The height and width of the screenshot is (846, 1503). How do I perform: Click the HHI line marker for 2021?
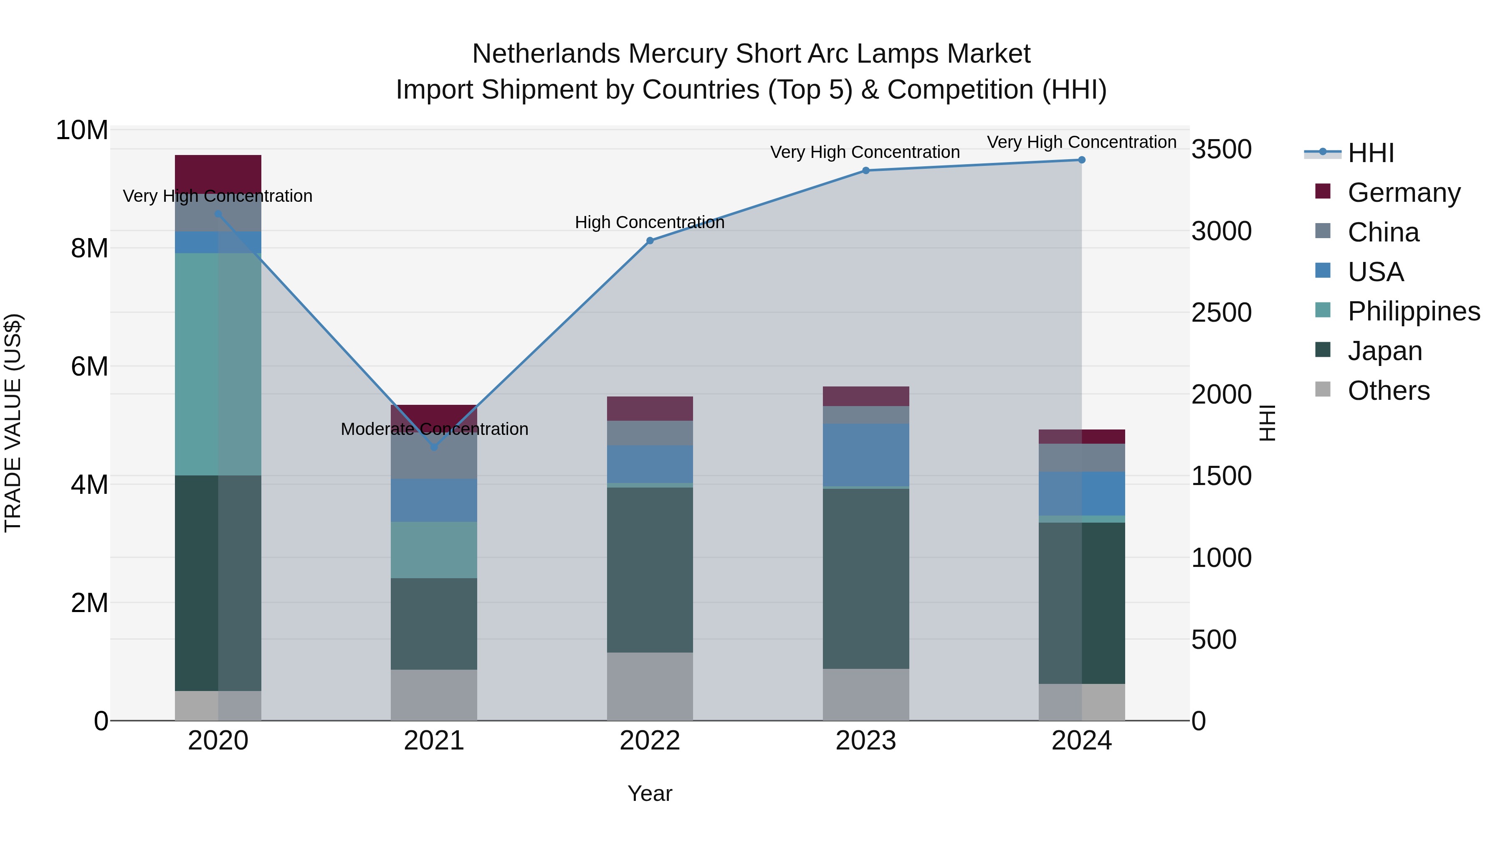pyautogui.click(x=434, y=447)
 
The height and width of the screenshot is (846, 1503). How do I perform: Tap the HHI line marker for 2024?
pyautogui.click(x=1081, y=160)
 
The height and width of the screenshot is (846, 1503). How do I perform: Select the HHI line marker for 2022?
pyautogui.click(x=650, y=241)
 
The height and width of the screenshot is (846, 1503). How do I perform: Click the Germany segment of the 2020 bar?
pyautogui.click(x=218, y=174)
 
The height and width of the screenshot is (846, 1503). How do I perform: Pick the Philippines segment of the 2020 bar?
pyautogui.click(x=218, y=364)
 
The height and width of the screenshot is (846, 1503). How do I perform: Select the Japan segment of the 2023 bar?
pyautogui.click(x=866, y=578)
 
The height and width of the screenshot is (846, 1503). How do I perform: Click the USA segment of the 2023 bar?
pyautogui.click(x=866, y=455)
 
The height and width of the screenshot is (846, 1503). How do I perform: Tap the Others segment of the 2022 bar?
pyautogui.click(x=650, y=686)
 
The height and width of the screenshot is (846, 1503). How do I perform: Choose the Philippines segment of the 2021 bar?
pyautogui.click(x=434, y=549)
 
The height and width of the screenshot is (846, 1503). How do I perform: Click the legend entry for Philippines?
pyautogui.click(x=1414, y=311)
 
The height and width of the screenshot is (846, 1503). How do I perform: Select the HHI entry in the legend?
pyautogui.click(x=1371, y=153)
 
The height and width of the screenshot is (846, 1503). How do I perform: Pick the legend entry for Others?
pyautogui.click(x=1388, y=391)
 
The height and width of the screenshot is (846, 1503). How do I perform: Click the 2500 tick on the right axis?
pyautogui.click(x=1221, y=313)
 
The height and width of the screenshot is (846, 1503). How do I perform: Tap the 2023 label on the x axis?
pyautogui.click(x=866, y=741)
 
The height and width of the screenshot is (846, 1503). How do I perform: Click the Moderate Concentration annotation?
pyautogui.click(x=434, y=429)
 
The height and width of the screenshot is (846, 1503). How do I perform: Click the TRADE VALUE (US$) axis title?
pyautogui.click(x=13, y=423)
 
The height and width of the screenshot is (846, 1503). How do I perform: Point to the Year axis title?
pyautogui.click(x=650, y=793)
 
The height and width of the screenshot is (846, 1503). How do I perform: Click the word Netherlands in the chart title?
pyautogui.click(x=546, y=54)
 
